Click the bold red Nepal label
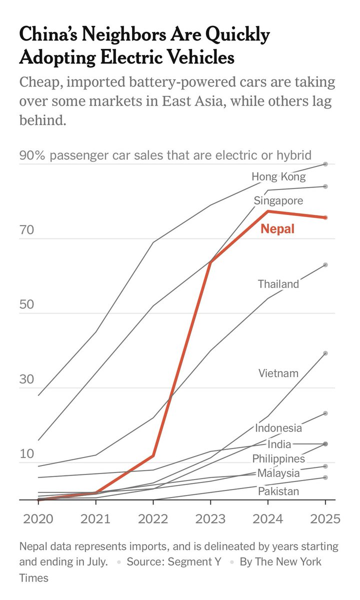277,229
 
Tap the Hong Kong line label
278,176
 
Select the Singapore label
278,201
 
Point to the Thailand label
278,284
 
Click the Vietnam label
278,373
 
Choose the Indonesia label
278,428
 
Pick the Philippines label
278,458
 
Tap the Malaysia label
278,473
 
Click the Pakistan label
278,491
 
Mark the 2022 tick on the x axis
153,518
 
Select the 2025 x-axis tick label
325,518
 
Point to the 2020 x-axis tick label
38,518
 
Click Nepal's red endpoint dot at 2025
325,217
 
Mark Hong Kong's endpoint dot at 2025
325,164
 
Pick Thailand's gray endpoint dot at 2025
325,264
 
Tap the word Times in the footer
34,578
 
